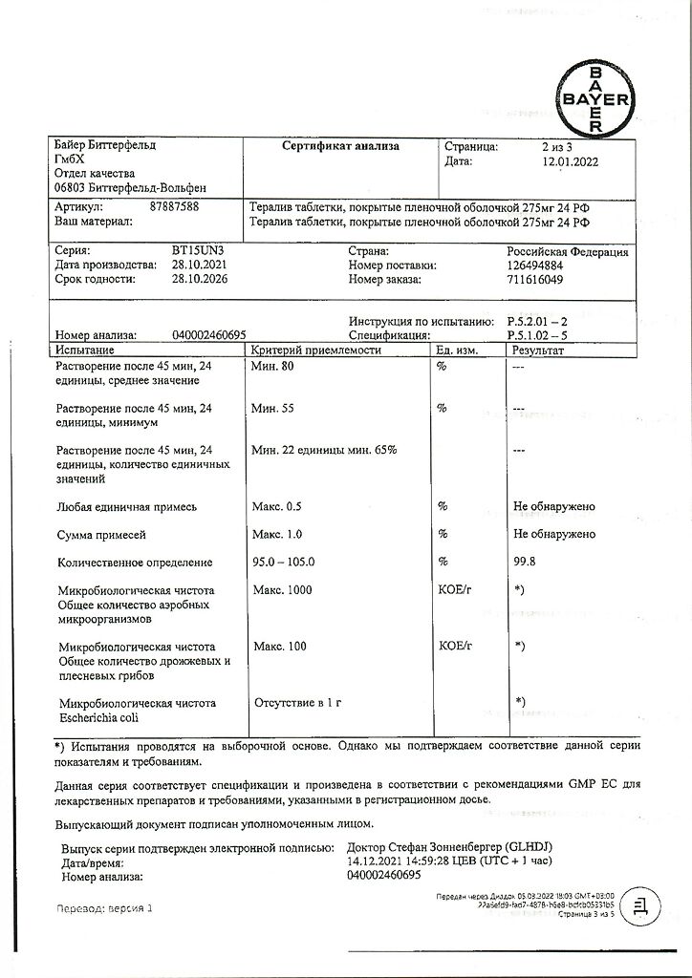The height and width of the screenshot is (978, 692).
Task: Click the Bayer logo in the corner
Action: (595, 98)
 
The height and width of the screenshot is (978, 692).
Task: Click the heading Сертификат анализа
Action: (340, 146)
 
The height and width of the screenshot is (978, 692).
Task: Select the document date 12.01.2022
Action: (570, 162)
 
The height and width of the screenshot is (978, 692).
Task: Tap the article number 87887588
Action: (175, 205)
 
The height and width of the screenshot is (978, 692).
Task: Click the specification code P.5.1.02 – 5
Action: (541, 336)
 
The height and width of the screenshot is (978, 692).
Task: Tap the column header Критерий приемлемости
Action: (316, 351)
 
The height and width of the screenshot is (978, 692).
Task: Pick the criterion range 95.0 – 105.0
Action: (284, 563)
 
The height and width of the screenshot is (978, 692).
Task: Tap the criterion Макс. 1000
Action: (283, 590)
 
